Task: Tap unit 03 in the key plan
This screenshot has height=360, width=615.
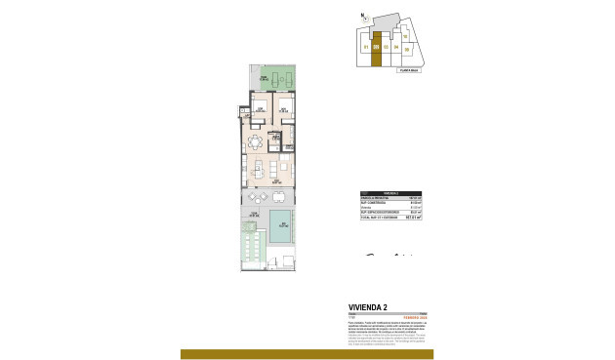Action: click(x=387, y=46)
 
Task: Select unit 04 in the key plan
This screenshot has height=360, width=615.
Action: click(x=396, y=46)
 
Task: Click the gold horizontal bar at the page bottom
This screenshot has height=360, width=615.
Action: click(x=307, y=354)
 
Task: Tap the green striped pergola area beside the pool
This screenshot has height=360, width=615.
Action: click(x=251, y=244)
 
